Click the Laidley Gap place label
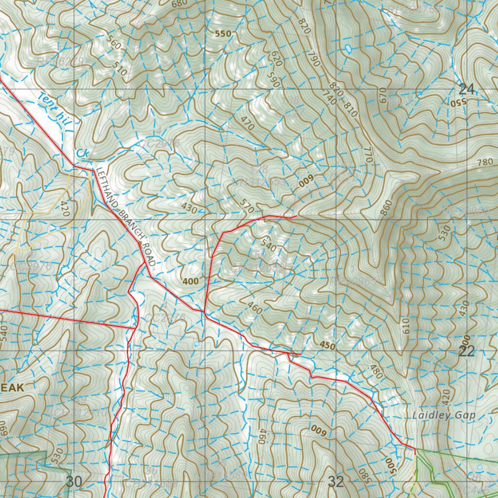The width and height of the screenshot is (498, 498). tap(443, 415)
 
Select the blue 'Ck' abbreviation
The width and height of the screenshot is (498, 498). tap(83, 153)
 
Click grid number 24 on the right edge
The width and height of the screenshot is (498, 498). tap(466, 89)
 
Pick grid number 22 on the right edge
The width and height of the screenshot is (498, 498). tap(466, 352)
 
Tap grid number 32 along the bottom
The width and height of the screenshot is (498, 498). tap(336, 482)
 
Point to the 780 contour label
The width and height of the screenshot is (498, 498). tap(485, 162)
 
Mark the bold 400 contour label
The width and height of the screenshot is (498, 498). tap(191, 282)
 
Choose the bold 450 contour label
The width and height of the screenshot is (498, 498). tap(328, 345)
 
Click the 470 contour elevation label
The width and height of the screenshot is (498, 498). tap(247, 123)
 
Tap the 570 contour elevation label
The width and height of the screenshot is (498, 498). tap(247, 208)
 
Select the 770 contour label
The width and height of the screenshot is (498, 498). tap(367, 155)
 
